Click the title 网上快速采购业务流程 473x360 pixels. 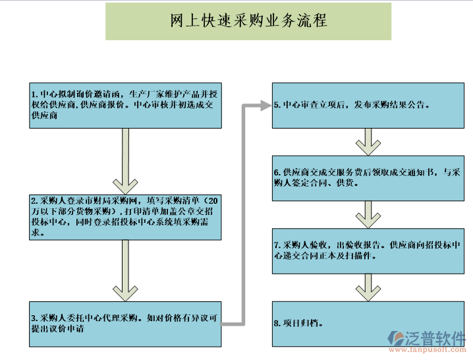click(x=248, y=21)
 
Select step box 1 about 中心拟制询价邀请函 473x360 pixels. click(x=125, y=104)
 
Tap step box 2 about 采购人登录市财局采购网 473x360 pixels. click(x=125, y=216)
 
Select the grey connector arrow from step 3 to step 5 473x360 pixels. click(x=243, y=211)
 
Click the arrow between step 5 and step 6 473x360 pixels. click(x=368, y=140)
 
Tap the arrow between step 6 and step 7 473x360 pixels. click(x=368, y=213)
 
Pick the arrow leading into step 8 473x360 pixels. click(x=368, y=286)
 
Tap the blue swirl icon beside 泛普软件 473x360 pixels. click(x=398, y=339)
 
